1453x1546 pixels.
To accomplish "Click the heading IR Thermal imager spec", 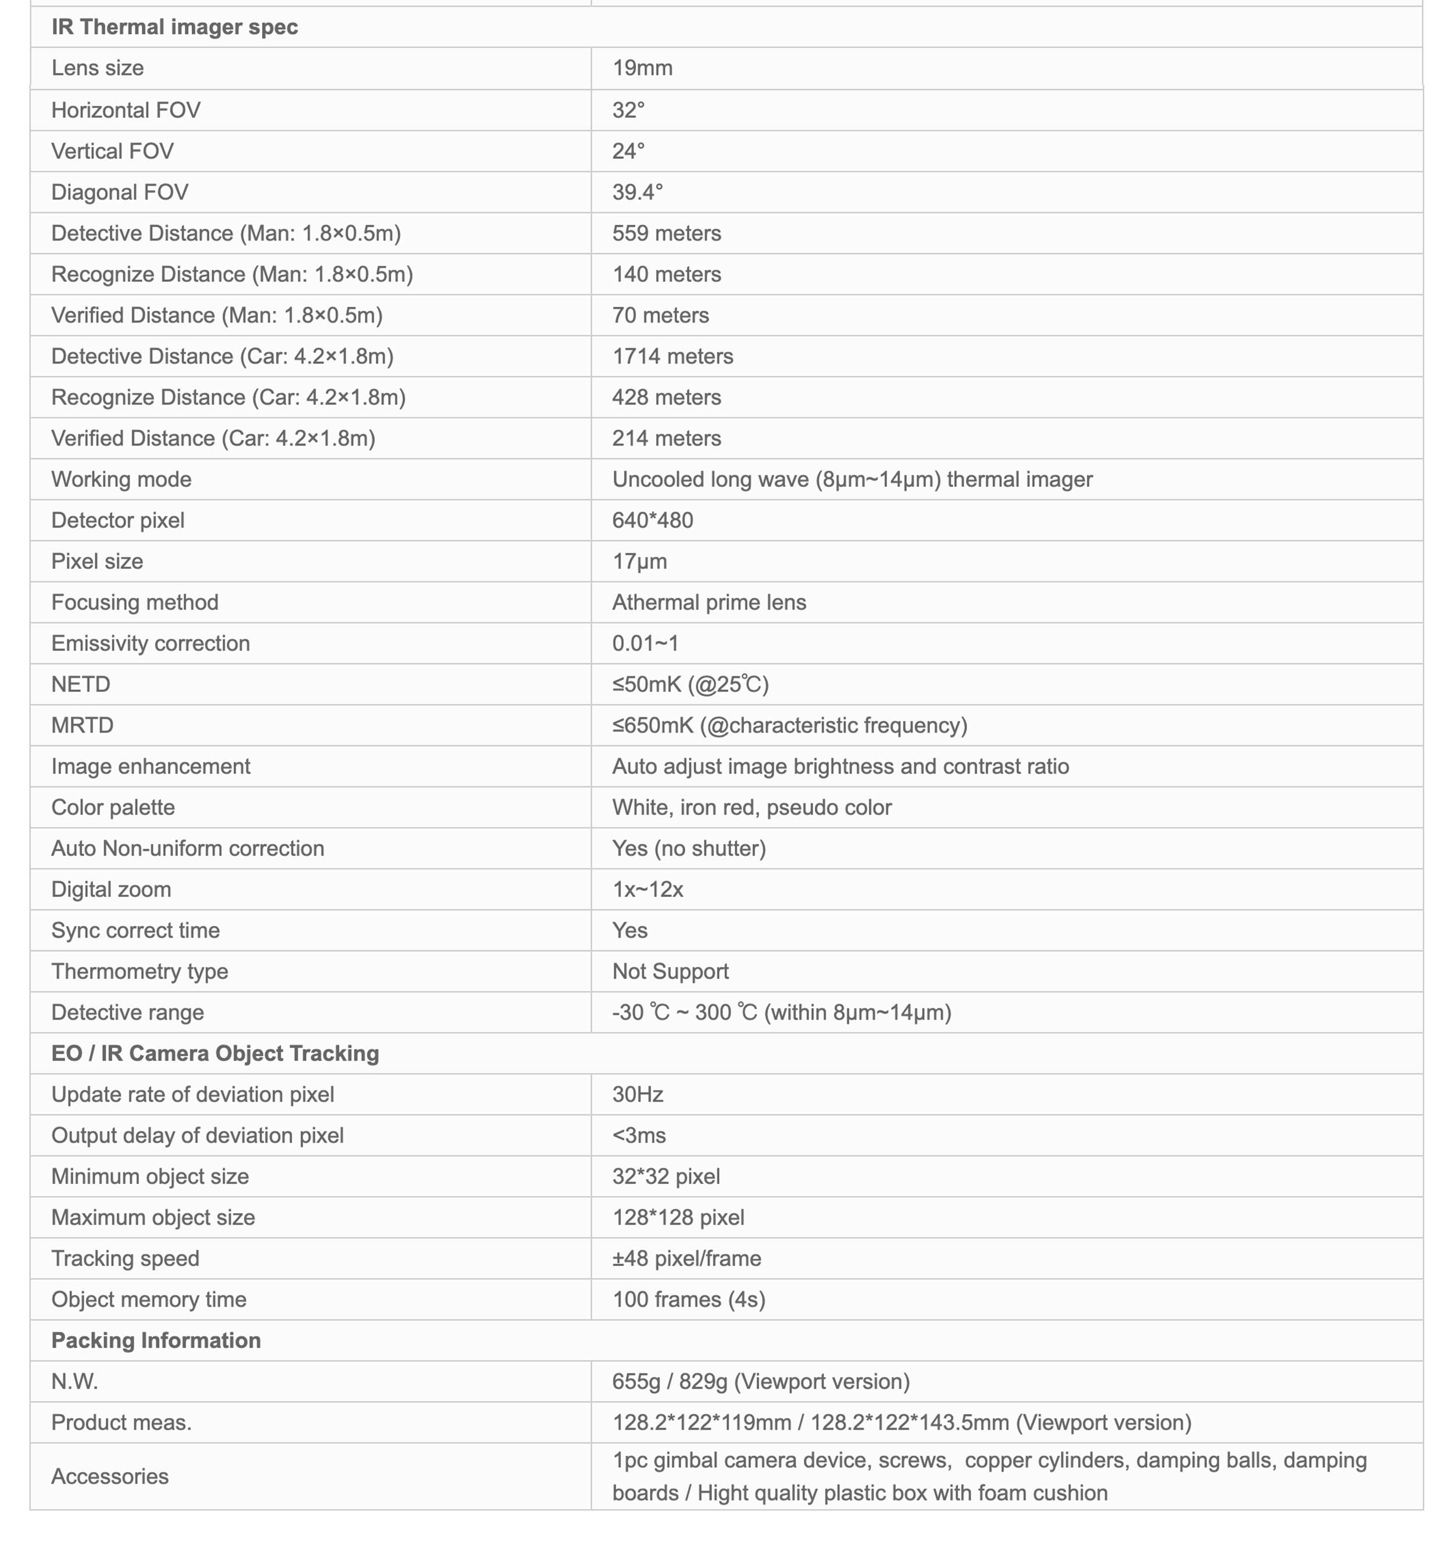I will pos(174,27).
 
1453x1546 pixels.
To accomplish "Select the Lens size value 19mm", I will pos(642,69).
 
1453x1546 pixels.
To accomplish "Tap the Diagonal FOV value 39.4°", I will pos(637,192).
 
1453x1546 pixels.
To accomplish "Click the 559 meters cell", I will pos(666,234).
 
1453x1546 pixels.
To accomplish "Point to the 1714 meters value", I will pos(672,356).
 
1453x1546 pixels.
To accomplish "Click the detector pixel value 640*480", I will pos(652,520).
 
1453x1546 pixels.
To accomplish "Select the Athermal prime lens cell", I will pos(708,602).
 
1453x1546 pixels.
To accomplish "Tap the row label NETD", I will pos(80,684).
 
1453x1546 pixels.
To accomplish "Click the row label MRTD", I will pos(82,726).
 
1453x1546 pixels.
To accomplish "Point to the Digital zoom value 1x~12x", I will pos(647,889).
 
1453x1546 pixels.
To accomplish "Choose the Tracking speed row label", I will pos(125,1258).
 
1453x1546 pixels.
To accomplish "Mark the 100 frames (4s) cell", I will pos(688,1300).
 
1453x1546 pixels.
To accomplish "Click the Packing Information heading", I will pos(156,1341).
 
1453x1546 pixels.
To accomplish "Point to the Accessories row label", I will pos(110,1476).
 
